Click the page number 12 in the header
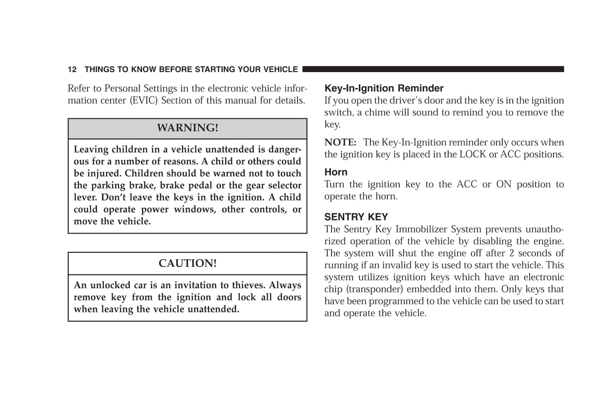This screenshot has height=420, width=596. pos(72,70)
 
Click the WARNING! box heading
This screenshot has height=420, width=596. pos(187,128)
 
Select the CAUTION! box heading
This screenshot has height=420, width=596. pos(187,263)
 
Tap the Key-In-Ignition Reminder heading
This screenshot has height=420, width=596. pos(384,88)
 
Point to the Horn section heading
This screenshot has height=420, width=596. pos(336,172)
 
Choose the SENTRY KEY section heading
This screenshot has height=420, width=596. pos(356,217)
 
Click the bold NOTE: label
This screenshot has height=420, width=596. pos(340,143)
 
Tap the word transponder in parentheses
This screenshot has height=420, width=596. pos(377,289)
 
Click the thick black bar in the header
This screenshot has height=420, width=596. pos(433,69)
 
